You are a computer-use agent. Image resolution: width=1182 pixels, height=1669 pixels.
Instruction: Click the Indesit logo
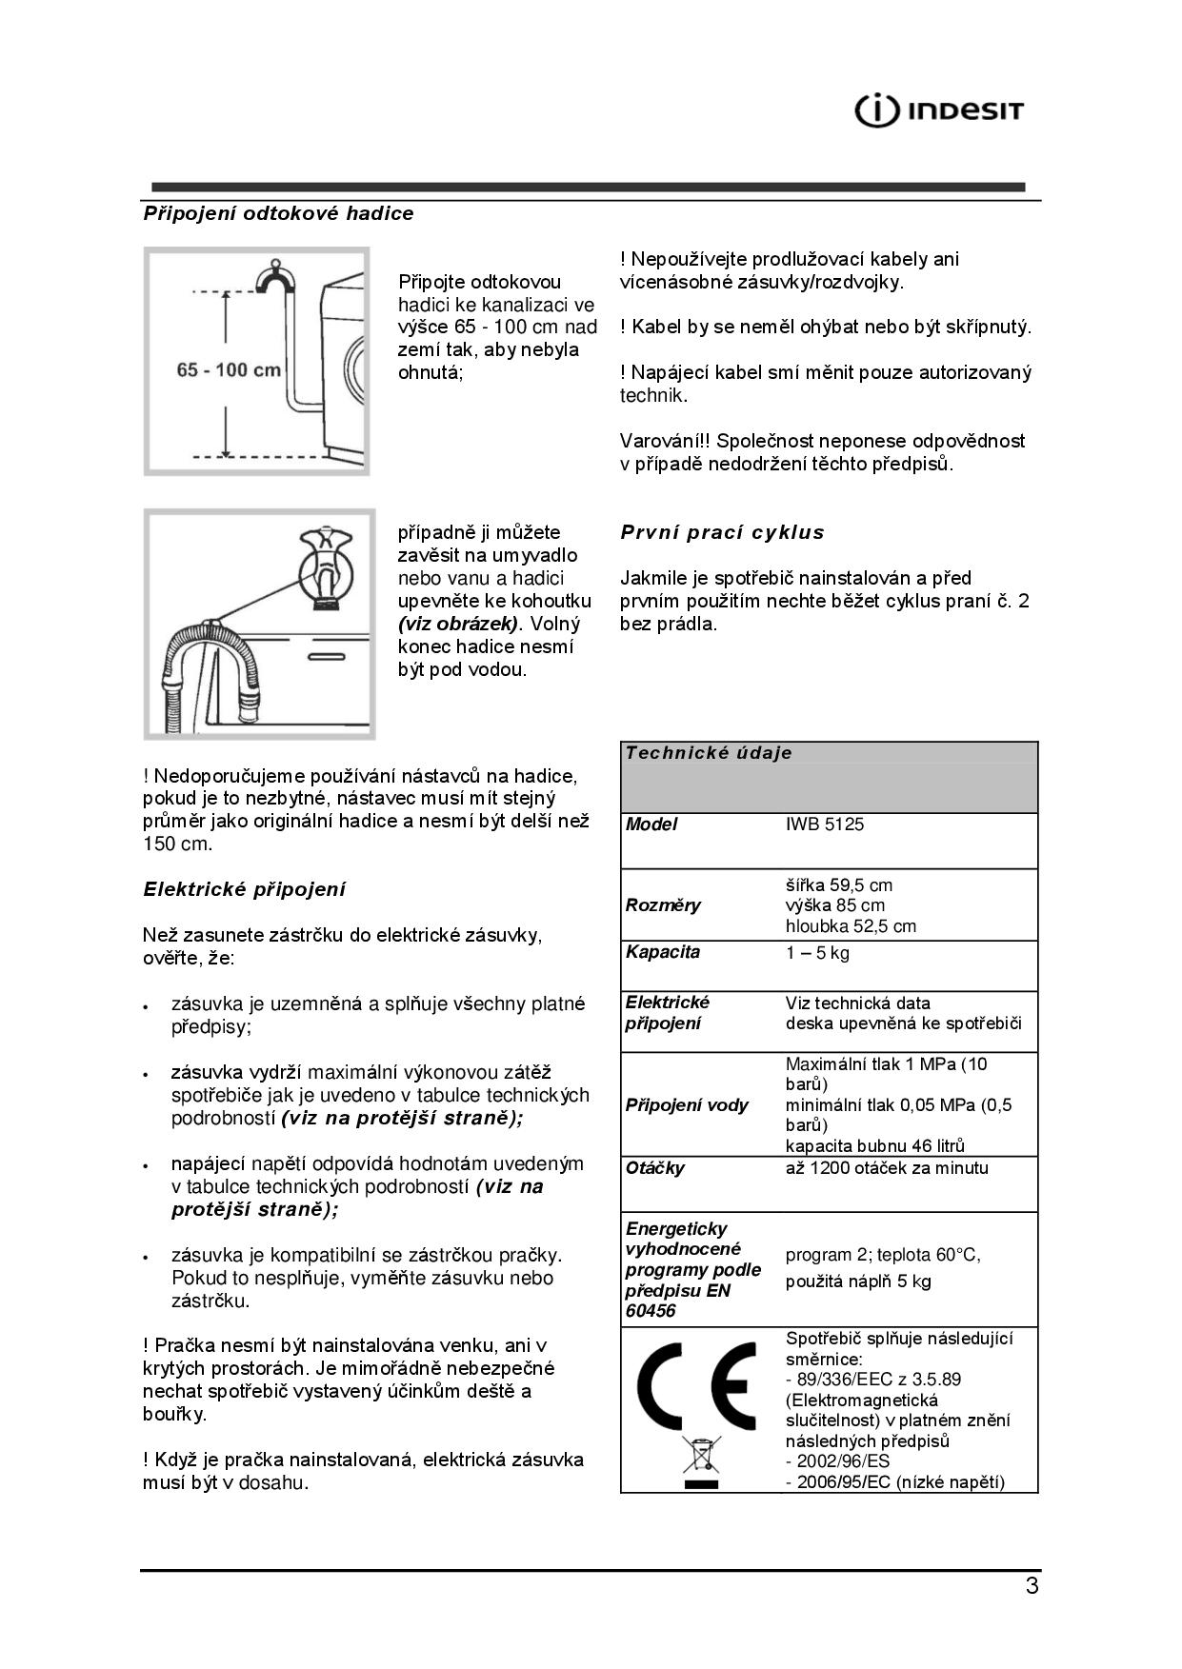tap(939, 111)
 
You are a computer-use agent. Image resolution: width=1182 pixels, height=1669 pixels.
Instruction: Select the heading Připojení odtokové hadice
tap(278, 214)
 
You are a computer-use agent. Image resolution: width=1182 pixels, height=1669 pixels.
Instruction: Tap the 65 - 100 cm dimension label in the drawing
tap(229, 369)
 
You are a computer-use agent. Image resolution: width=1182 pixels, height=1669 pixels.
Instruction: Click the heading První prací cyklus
tap(722, 532)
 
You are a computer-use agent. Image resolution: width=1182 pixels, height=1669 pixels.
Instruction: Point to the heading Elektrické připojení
tap(245, 889)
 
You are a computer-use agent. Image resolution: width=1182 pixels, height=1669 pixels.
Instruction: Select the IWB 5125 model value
tap(825, 825)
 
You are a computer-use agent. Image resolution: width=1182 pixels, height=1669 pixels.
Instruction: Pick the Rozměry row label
tap(663, 905)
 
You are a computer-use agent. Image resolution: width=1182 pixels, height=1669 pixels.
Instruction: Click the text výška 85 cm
tap(835, 905)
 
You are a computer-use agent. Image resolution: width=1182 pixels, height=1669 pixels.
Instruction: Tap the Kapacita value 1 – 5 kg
tap(817, 953)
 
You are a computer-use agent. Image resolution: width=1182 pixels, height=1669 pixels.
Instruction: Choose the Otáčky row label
tap(655, 1168)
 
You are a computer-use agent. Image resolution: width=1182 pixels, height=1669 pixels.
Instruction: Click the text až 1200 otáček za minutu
tap(887, 1168)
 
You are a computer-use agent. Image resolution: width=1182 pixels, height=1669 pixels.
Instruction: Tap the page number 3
tap(1032, 1586)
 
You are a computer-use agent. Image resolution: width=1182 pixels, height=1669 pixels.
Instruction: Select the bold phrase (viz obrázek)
tap(458, 625)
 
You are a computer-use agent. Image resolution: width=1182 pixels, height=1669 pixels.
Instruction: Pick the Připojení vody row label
tap(687, 1105)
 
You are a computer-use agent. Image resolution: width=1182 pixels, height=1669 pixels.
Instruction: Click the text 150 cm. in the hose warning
tap(178, 844)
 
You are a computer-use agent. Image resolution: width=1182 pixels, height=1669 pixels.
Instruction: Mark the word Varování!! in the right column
tap(665, 442)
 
